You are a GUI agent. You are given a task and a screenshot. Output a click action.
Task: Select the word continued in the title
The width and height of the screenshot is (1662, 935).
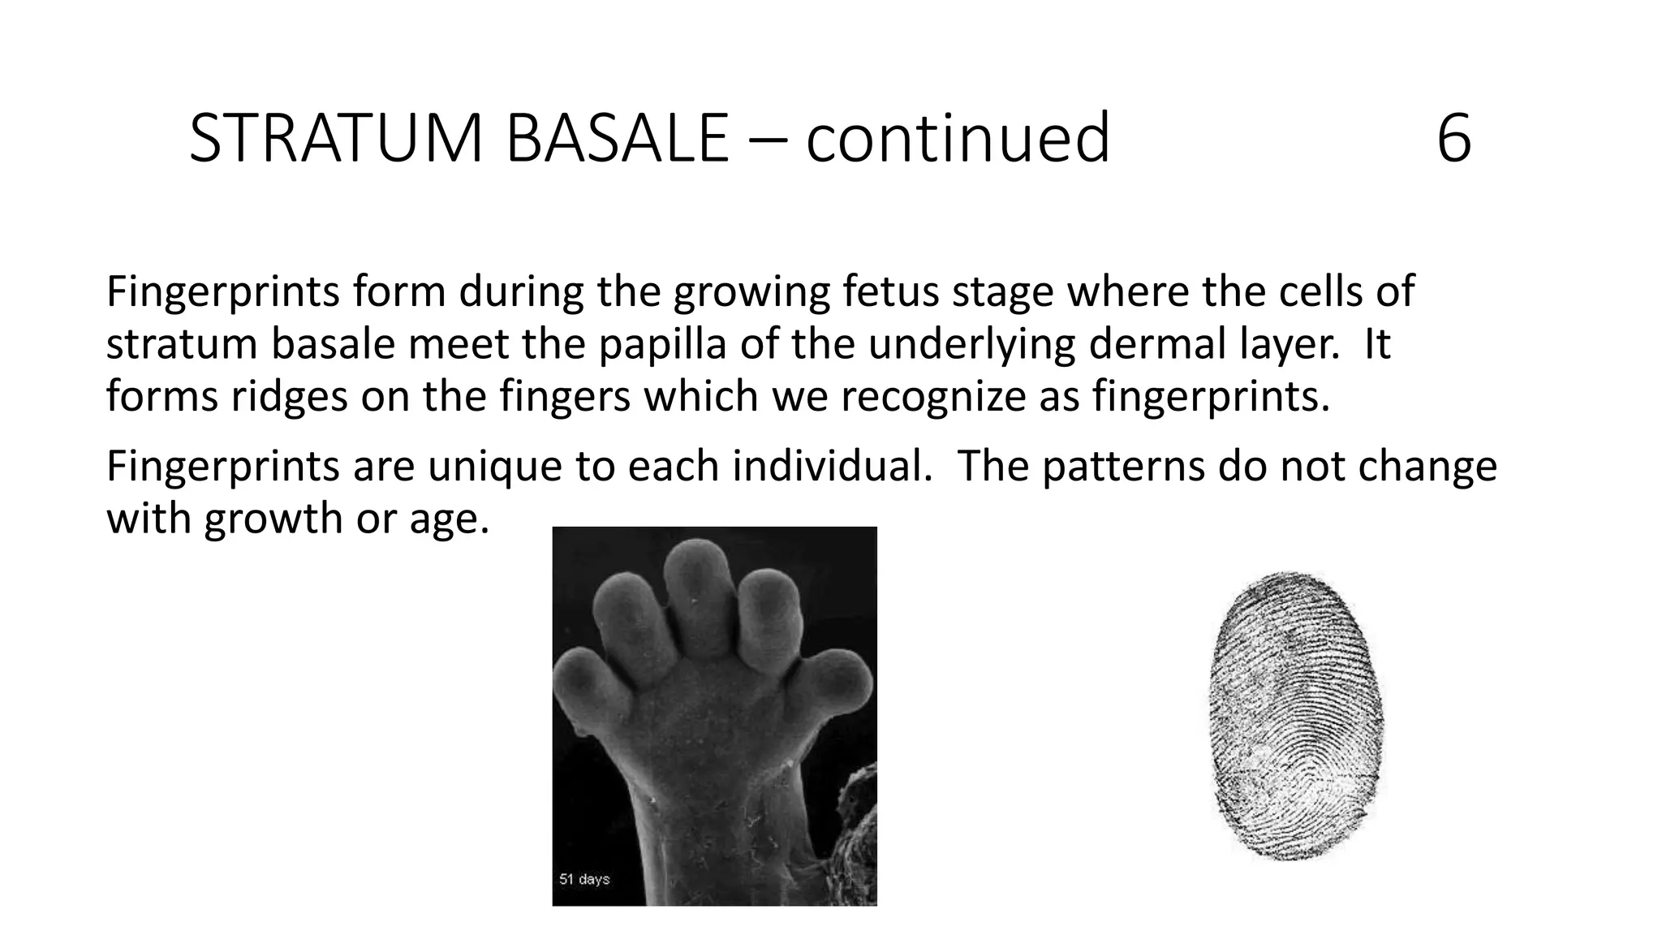pos(958,139)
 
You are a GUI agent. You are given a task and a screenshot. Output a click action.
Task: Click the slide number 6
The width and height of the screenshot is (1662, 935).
pos(1453,140)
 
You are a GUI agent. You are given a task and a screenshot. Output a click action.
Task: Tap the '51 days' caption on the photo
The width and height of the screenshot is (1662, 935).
pos(584,879)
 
